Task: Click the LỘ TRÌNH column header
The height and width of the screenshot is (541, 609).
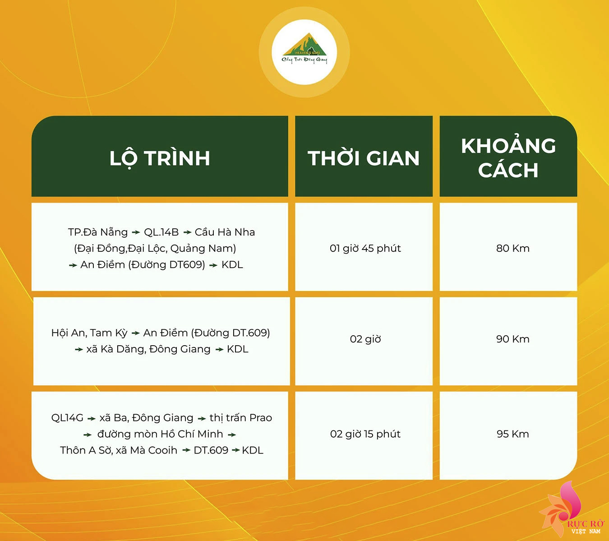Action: (x=160, y=159)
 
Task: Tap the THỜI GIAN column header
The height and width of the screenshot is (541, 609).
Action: (x=364, y=158)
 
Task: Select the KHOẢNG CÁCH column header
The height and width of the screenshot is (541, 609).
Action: (x=508, y=158)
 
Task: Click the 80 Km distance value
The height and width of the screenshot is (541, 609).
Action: (x=513, y=249)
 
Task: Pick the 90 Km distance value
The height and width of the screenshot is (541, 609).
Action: (x=513, y=339)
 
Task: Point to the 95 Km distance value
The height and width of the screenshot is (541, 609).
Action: (x=513, y=434)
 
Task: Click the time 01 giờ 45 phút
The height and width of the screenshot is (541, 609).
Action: (x=365, y=249)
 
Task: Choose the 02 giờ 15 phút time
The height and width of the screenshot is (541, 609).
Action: (x=365, y=434)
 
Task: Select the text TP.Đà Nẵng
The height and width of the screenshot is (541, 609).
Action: (x=98, y=232)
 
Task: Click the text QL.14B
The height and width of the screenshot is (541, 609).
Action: (x=161, y=232)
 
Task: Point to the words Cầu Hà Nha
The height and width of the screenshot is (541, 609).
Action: (x=225, y=232)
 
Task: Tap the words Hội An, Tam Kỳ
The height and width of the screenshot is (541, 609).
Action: (x=89, y=333)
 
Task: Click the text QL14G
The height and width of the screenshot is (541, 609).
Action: (x=67, y=418)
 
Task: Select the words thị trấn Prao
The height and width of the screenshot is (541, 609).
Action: (x=241, y=418)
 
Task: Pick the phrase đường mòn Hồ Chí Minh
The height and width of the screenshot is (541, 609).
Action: (x=160, y=434)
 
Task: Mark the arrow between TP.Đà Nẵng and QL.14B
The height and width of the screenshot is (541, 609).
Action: (x=136, y=232)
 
